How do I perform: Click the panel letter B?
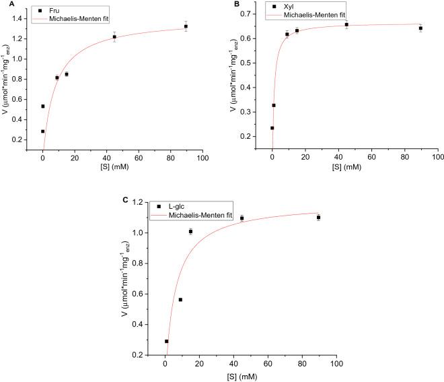pyautogui.click(x=235, y=4)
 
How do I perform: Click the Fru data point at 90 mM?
pyautogui.click(x=186, y=26)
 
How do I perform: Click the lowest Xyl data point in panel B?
pyautogui.click(x=272, y=127)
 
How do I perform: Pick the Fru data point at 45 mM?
pyautogui.click(x=114, y=37)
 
